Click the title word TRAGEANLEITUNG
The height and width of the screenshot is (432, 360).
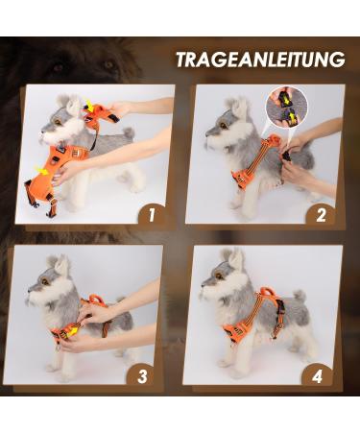[259, 60]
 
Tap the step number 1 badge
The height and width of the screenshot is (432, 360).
[148, 213]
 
